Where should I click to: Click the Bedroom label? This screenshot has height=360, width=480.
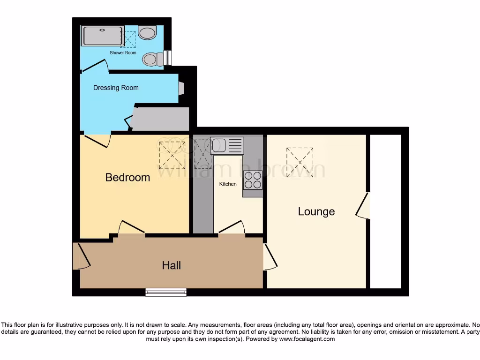pos(127,178)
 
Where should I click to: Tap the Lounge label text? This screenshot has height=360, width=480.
pos(316,211)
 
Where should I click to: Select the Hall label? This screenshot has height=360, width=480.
pos(172,265)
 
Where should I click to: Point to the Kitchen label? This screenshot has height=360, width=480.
pos(228,184)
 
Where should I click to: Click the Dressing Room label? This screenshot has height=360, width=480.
pos(116,88)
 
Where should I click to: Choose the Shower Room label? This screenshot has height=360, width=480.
pos(123,53)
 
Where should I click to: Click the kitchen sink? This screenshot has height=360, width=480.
pos(227,145)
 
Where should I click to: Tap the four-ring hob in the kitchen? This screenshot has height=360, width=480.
pos(253,180)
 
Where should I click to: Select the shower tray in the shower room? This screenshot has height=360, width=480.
pos(103,36)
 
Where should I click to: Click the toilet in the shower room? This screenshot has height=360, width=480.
pos(153,59)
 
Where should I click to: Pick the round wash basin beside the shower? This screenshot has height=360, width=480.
pos(148,33)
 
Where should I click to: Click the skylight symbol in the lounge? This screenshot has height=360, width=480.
pos(300,162)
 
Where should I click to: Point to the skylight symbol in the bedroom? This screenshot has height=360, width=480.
pos(172,155)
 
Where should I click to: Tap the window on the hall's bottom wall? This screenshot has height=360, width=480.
pos(166,292)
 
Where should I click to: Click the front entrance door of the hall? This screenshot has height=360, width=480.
pos(81,256)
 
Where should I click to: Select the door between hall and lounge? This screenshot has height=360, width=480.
pos(270,256)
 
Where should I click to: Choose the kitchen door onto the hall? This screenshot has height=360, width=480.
pos(232,227)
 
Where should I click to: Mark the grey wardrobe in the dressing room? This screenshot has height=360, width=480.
pos(160,119)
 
